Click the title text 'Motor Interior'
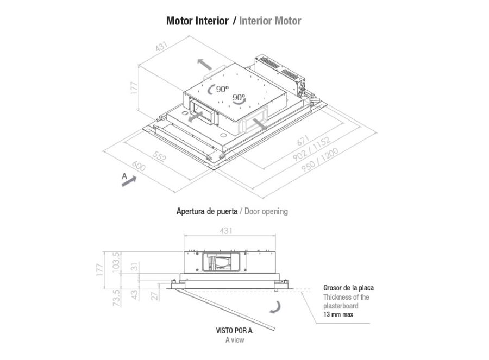pyautogui.click(x=197, y=21)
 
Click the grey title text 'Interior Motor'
pyautogui.click(x=270, y=21)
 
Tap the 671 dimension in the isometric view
pyautogui.click(x=303, y=140)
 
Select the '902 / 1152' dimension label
pyautogui.click(x=311, y=150)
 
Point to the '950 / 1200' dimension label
pyautogui.click(x=320, y=160)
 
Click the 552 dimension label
pyautogui.click(x=159, y=156)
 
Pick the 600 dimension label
pyautogui.click(x=139, y=166)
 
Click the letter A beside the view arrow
pyautogui.click(x=124, y=176)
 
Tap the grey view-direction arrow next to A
pyautogui.click(x=129, y=181)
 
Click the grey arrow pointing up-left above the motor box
pyautogui.click(x=205, y=64)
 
